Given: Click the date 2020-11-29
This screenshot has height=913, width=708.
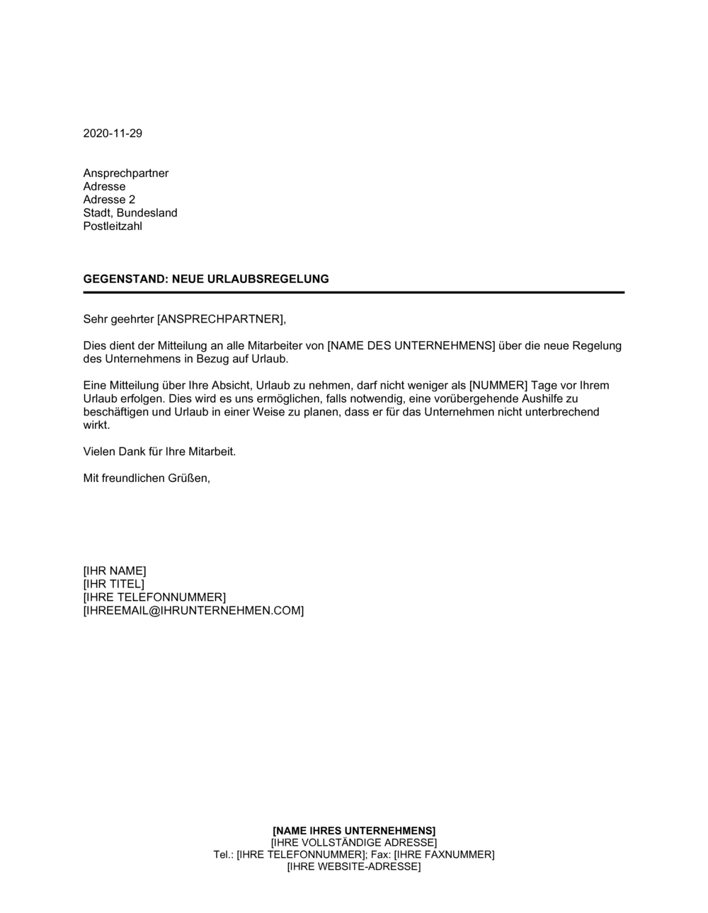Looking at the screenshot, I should pyautogui.click(x=113, y=133).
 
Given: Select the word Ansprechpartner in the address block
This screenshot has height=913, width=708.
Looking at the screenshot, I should pyautogui.click(x=126, y=173).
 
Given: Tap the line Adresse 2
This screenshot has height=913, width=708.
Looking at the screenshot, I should pyautogui.click(x=109, y=200).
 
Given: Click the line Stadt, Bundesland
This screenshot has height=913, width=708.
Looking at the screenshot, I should pyautogui.click(x=130, y=213).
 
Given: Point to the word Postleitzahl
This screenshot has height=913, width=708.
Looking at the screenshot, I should pyautogui.click(x=113, y=226).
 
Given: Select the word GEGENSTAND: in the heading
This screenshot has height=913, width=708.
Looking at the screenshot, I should pyautogui.click(x=125, y=279).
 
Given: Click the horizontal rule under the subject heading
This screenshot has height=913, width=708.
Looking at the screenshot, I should pyautogui.click(x=354, y=292).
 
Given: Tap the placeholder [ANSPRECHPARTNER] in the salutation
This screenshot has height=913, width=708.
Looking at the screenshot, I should pyautogui.click(x=220, y=319).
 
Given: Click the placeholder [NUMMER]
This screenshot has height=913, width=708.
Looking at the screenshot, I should pyautogui.click(x=498, y=386).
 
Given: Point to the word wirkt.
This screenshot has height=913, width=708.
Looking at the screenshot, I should pyautogui.click(x=96, y=425).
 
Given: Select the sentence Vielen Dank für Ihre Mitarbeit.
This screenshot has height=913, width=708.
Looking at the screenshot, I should pyautogui.click(x=159, y=452).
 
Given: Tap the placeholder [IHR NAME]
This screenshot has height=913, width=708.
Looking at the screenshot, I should pyautogui.click(x=115, y=571).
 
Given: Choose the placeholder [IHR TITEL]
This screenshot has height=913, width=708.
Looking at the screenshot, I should pyautogui.click(x=113, y=585).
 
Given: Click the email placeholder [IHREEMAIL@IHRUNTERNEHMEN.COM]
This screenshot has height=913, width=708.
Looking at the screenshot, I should pyautogui.click(x=193, y=611).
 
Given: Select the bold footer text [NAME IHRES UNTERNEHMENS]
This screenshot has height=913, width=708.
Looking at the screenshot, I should pyautogui.click(x=354, y=830).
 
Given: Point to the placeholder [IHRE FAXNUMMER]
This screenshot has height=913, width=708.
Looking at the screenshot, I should pyautogui.click(x=444, y=855).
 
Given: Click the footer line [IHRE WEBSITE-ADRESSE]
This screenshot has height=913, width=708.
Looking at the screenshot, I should pyautogui.click(x=354, y=867).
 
